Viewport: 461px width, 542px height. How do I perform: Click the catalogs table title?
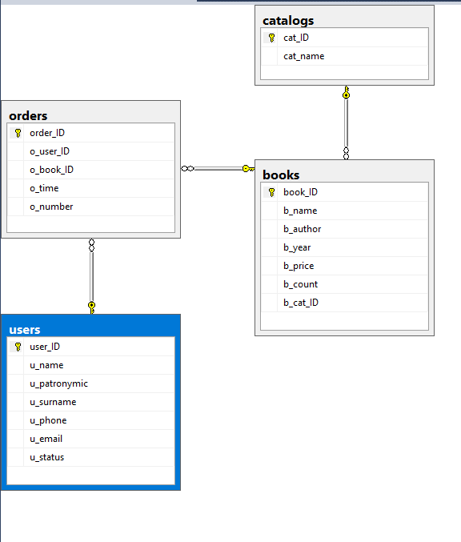click(288, 21)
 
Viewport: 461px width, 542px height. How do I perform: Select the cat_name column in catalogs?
click(304, 56)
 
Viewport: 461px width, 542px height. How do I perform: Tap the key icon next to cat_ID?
click(271, 38)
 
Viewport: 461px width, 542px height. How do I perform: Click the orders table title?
click(28, 116)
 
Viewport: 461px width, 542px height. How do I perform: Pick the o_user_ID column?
click(50, 151)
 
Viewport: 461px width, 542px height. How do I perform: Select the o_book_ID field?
click(51, 170)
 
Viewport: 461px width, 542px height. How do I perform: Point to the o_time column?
click(44, 188)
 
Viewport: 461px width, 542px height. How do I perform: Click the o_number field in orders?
click(51, 207)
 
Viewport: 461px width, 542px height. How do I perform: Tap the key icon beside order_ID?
click(18, 133)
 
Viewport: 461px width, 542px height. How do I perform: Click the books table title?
click(281, 175)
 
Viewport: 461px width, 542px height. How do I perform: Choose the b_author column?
click(303, 229)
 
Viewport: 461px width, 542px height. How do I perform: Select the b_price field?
click(299, 266)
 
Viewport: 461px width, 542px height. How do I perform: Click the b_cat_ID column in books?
click(301, 303)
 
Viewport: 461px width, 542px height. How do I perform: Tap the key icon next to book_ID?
click(271, 192)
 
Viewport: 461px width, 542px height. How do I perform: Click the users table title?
click(25, 330)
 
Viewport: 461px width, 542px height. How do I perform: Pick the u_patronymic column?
click(58, 383)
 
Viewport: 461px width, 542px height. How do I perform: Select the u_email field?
click(46, 439)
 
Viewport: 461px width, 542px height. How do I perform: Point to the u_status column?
click(46, 457)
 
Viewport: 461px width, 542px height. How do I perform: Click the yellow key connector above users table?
click(91, 307)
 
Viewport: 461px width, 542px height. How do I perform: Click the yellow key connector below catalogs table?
click(347, 92)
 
